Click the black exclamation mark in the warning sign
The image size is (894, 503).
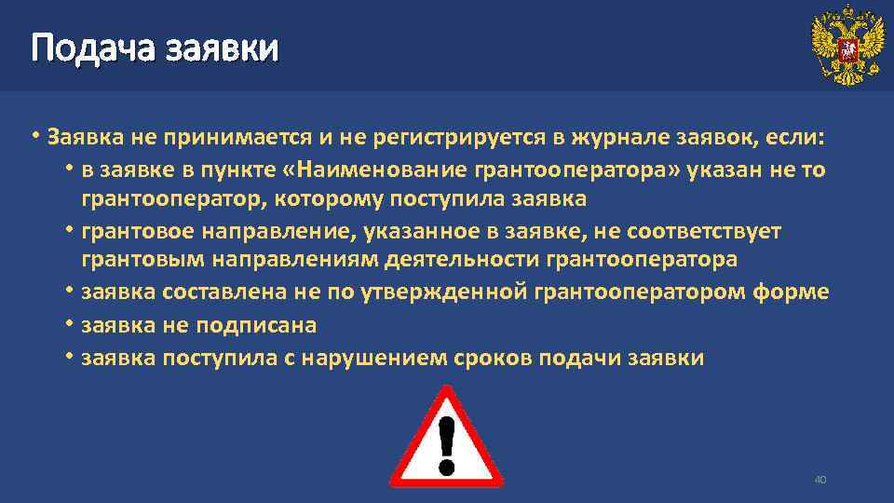pyautogui.click(x=446, y=442)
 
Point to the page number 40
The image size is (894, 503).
pyautogui.click(x=820, y=480)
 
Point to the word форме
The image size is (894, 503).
pyautogui.click(x=791, y=292)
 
